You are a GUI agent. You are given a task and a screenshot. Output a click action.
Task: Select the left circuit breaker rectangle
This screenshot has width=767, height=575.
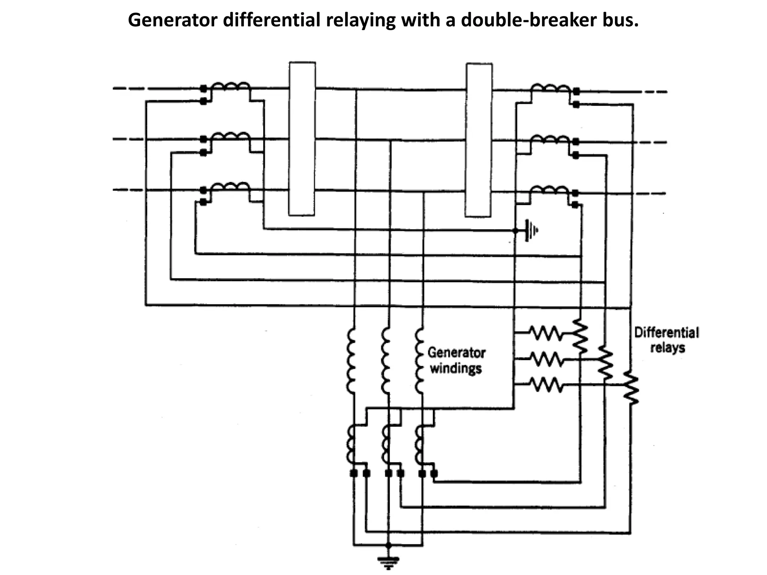302,139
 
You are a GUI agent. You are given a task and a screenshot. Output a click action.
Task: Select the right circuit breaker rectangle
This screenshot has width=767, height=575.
479,140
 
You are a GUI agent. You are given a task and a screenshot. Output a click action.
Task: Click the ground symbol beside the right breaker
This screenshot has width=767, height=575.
531,231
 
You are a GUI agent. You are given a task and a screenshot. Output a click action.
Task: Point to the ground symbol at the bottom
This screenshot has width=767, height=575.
388,561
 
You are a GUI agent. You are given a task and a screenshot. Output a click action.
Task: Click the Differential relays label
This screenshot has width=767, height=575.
667,340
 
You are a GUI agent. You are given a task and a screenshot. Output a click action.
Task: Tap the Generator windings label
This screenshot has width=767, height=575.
456,360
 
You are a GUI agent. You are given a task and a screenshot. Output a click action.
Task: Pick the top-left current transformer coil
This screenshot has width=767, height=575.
230,87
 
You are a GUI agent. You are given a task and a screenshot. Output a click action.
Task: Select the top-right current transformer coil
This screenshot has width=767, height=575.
550,88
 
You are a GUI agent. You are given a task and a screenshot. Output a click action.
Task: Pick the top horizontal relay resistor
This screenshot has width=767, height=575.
546,333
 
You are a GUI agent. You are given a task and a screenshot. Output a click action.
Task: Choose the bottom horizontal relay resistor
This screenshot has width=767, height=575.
546,384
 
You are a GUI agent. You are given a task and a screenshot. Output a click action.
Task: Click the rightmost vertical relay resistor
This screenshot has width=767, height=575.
631,388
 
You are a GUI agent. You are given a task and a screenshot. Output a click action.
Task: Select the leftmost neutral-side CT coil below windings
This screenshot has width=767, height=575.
351,444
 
